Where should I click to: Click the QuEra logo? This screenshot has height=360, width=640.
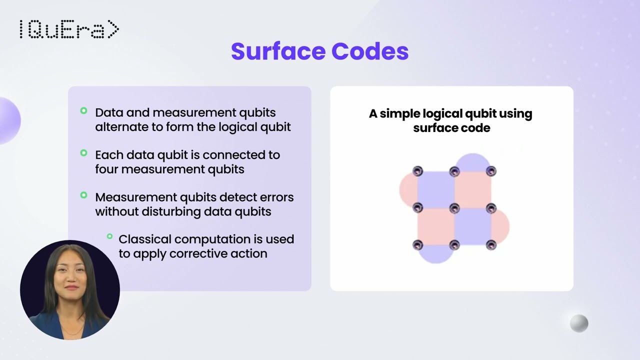tap(69, 30)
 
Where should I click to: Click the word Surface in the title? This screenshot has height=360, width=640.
tap(277, 51)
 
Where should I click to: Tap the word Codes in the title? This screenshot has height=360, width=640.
tap(370, 51)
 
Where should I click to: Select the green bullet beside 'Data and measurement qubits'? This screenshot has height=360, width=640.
tap(83, 111)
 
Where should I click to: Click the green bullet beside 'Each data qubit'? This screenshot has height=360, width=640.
tap(83, 153)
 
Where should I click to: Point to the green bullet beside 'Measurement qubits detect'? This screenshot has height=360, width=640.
tap(83, 195)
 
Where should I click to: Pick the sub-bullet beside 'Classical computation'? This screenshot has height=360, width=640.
tap(109, 236)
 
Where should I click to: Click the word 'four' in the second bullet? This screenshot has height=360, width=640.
tap(106, 169)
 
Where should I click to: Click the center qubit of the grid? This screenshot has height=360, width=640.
tap(454, 208)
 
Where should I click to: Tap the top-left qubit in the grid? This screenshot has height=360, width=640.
tap(417, 171)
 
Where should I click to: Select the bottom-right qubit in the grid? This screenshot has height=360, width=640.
tap(491, 245)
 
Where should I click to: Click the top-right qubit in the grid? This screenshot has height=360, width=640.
tap(491, 171)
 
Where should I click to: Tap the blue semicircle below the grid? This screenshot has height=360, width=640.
tap(435, 254)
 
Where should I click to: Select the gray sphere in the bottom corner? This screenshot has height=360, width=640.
tap(579, 323)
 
